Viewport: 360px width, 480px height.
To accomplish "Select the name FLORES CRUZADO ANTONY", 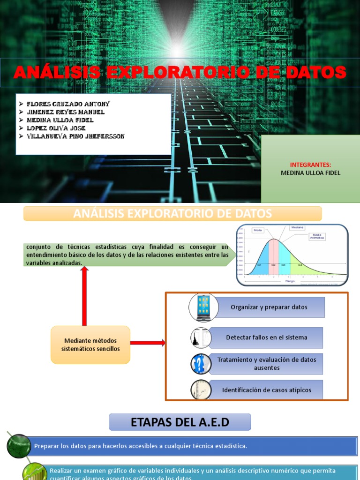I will coord(68,104).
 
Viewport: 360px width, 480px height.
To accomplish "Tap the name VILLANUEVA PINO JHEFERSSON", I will coord(76,136).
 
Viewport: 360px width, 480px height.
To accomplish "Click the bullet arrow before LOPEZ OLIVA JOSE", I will coord(21,128).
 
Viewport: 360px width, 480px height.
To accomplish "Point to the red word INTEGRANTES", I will coord(310,165).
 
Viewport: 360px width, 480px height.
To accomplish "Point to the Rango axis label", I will coord(290,281).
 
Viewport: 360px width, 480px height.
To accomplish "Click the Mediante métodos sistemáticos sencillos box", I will coord(90,345).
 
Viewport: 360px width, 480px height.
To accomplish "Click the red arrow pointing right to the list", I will coord(148,343).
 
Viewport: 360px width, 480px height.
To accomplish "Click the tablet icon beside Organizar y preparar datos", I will coord(203,307).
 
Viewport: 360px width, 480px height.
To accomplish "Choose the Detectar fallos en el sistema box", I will coord(266,337).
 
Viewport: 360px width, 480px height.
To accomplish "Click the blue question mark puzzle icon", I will coord(201,364).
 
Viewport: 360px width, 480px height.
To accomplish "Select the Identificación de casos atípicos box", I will coord(266,390).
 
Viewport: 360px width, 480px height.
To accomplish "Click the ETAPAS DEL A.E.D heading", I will coord(180,422).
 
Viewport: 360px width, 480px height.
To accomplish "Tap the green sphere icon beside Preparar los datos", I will coord(18,446).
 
